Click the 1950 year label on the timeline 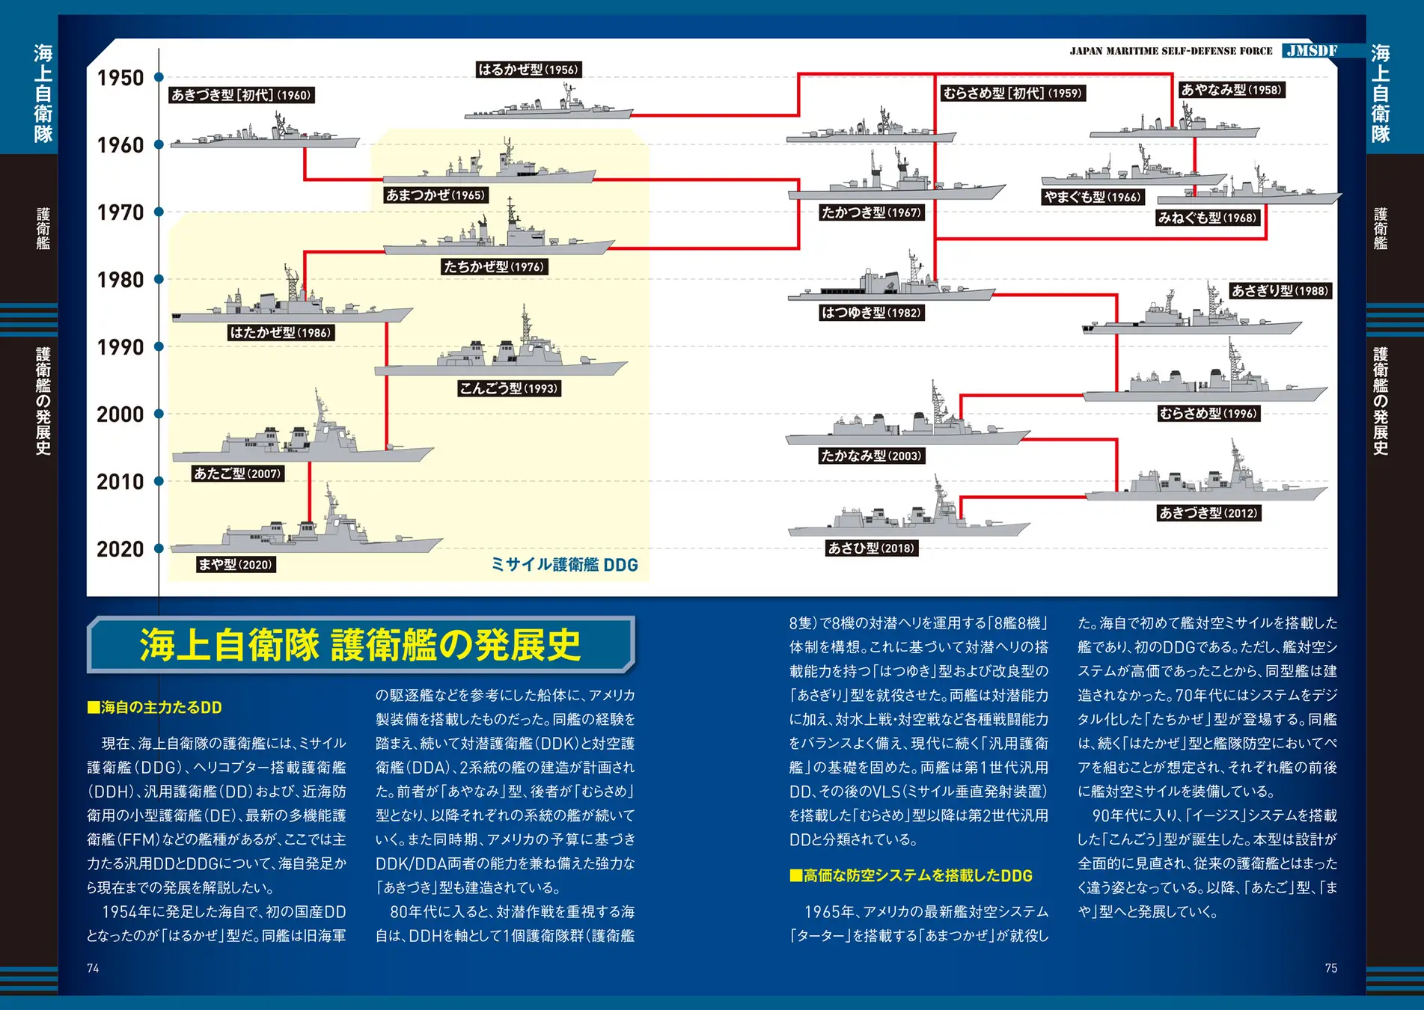[x=120, y=78]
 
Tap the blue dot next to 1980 [x=159, y=280]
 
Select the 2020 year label [x=120, y=549]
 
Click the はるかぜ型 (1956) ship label [x=528, y=70]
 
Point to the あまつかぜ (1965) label [x=436, y=195]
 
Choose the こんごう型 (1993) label [x=510, y=388]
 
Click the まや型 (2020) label [x=236, y=564]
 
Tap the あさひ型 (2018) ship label [x=871, y=548]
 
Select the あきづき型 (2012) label [x=1208, y=513]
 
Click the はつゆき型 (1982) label [x=871, y=313]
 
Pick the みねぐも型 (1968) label [x=1207, y=218]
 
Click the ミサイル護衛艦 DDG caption [x=564, y=565]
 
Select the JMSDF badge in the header [x=1311, y=51]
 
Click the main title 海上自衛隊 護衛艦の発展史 [x=360, y=645]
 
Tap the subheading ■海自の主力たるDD [x=155, y=708]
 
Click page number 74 [x=93, y=968]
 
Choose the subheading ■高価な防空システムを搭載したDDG [x=911, y=876]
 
